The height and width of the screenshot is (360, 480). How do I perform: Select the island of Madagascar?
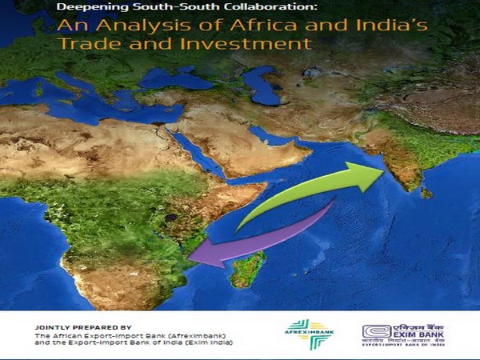pos(246,268)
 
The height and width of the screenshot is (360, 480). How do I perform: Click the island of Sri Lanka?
pos(427,193)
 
